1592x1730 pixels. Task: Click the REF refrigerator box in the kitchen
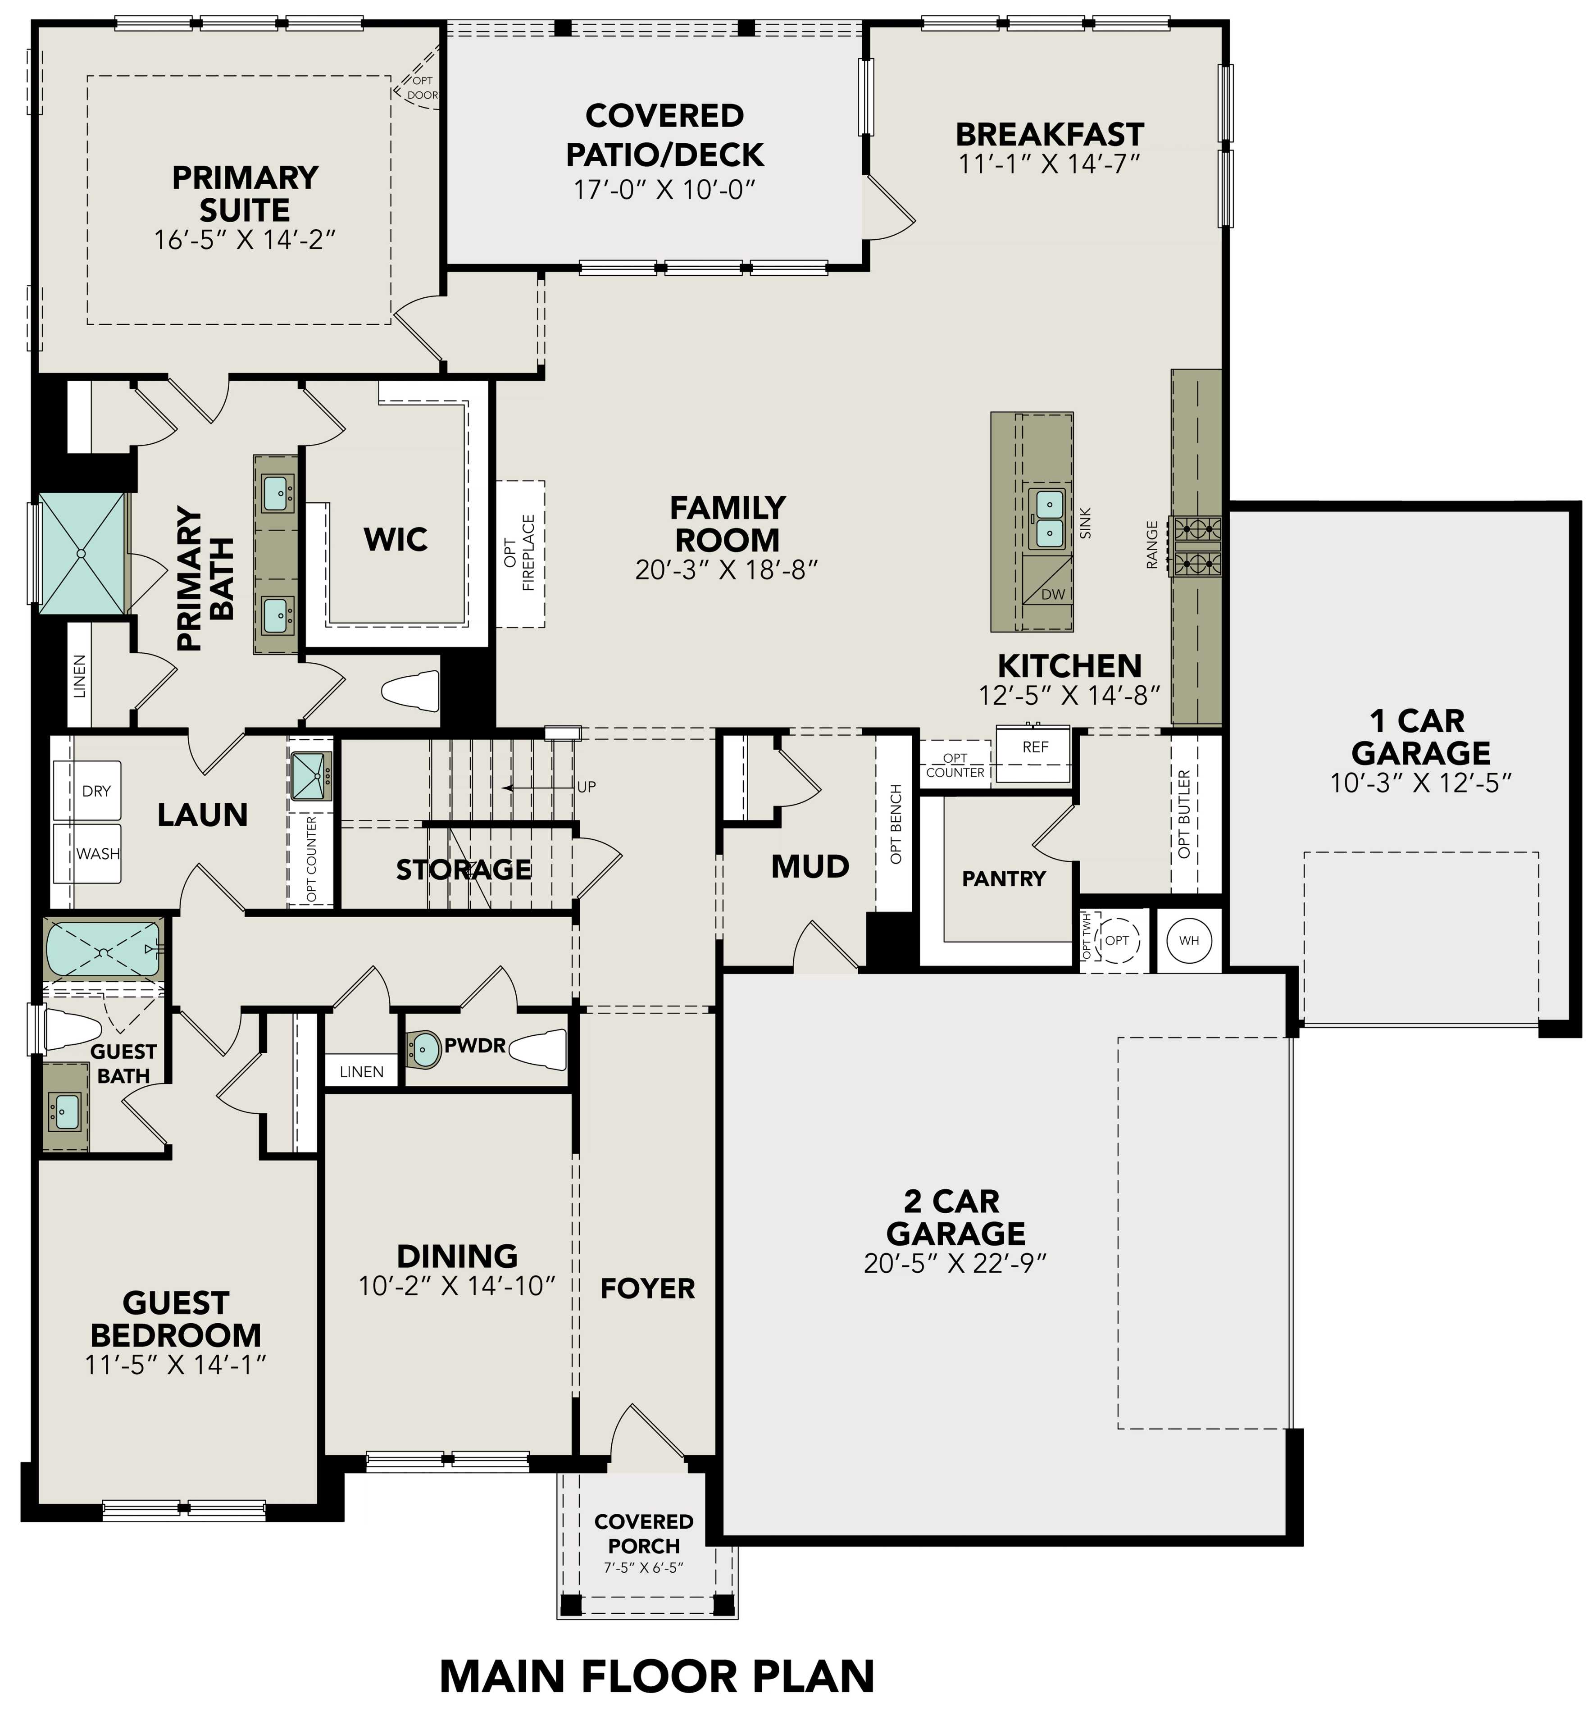1034,754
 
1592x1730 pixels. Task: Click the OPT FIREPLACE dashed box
520,553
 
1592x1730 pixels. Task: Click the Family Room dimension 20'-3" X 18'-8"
726,569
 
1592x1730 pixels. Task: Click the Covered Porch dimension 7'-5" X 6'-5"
644,1567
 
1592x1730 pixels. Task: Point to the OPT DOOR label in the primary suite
422,88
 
